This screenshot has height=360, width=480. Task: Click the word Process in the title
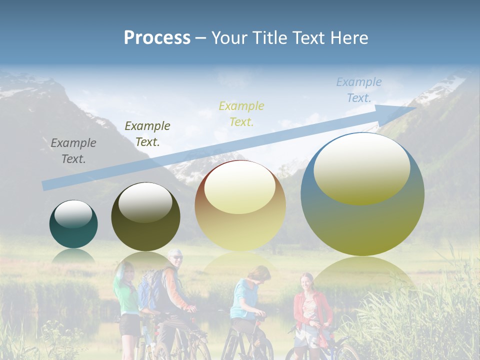(x=157, y=38)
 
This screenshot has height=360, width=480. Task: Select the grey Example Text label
(x=73, y=151)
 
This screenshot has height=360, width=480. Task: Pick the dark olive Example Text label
(x=147, y=134)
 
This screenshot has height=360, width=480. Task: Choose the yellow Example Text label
(x=241, y=114)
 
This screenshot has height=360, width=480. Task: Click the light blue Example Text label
(x=359, y=90)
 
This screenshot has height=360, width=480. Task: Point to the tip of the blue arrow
(x=414, y=107)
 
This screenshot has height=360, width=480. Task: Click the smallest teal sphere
(x=73, y=224)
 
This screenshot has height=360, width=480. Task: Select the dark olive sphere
(x=145, y=217)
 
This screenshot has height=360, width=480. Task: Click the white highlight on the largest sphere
(x=362, y=167)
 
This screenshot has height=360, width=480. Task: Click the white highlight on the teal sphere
(x=73, y=214)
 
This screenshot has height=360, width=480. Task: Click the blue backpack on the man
(x=149, y=290)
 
